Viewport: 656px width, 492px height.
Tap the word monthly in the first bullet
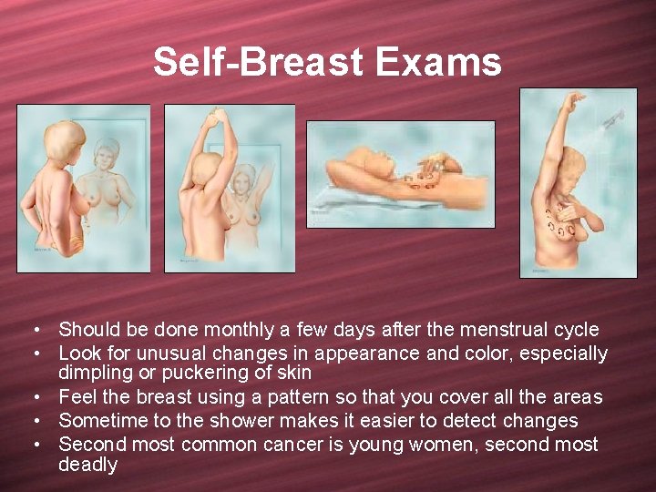(x=240, y=330)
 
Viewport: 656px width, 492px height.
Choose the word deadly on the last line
(x=88, y=465)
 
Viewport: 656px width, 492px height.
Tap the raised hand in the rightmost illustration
(x=571, y=97)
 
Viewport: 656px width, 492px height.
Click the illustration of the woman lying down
(x=401, y=173)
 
